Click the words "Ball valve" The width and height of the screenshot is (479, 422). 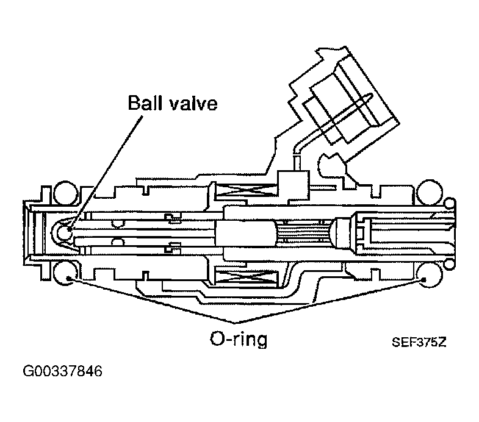click(x=172, y=103)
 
